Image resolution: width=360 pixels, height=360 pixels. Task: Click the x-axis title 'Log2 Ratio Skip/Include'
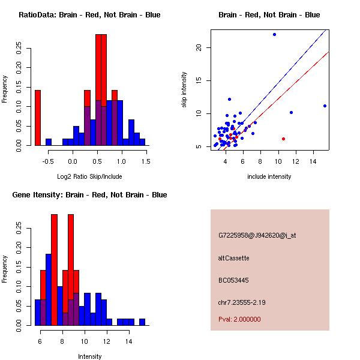click(x=89, y=176)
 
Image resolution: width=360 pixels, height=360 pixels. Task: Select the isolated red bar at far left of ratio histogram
click(x=38, y=118)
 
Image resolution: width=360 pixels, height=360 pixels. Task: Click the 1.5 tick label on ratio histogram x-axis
click(x=146, y=160)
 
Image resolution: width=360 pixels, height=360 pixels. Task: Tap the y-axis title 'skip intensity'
click(x=185, y=90)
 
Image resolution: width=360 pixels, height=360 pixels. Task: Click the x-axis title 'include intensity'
click(x=269, y=176)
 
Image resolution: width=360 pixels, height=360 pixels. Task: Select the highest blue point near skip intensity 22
click(x=274, y=34)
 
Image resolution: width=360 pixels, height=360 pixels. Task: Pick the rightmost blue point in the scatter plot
click(x=325, y=106)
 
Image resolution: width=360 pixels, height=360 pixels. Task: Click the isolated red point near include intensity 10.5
click(x=283, y=139)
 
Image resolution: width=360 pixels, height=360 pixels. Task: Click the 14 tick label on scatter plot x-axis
click(x=313, y=161)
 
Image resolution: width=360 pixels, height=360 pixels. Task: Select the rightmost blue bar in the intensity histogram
click(x=142, y=322)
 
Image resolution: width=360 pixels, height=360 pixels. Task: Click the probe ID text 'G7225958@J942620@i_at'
click(x=257, y=235)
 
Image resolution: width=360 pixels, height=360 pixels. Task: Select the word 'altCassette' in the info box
click(x=234, y=258)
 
